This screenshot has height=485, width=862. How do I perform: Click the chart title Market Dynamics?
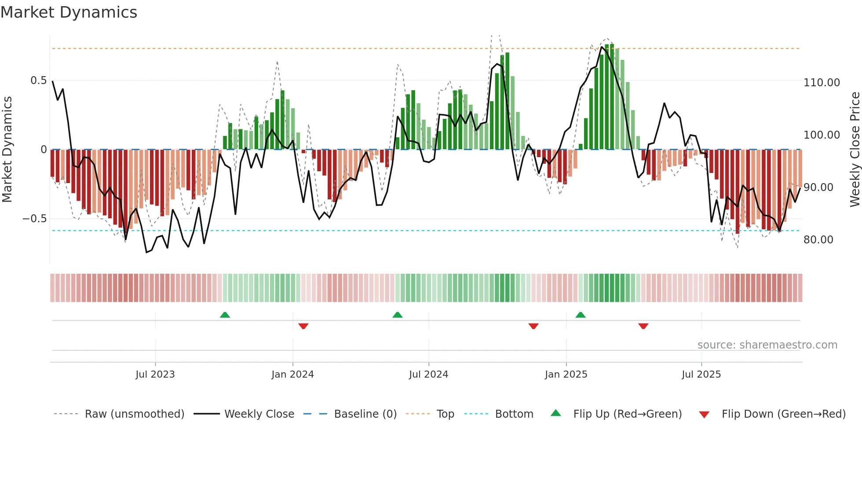(69, 12)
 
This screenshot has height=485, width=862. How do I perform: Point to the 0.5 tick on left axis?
(38, 81)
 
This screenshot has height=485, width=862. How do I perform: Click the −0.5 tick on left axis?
(34, 219)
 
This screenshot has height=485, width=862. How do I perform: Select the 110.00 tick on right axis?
(822, 83)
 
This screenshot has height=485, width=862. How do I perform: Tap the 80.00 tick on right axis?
(818, 240)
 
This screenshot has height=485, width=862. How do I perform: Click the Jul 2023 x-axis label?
(155, 375)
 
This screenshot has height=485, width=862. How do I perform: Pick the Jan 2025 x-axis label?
(566, 375)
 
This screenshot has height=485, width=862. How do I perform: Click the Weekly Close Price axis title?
(855, 150)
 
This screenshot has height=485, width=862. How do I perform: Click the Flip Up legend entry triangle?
(556, 413)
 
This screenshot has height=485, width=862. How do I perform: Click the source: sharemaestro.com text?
(767, 345)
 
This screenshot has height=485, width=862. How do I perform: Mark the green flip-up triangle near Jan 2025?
(581, 315)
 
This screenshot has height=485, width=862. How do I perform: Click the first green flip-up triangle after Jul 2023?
(225, 315)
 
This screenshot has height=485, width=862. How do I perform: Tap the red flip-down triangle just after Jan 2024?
(303, 326)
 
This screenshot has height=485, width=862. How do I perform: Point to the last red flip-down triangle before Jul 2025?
(643, 326)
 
